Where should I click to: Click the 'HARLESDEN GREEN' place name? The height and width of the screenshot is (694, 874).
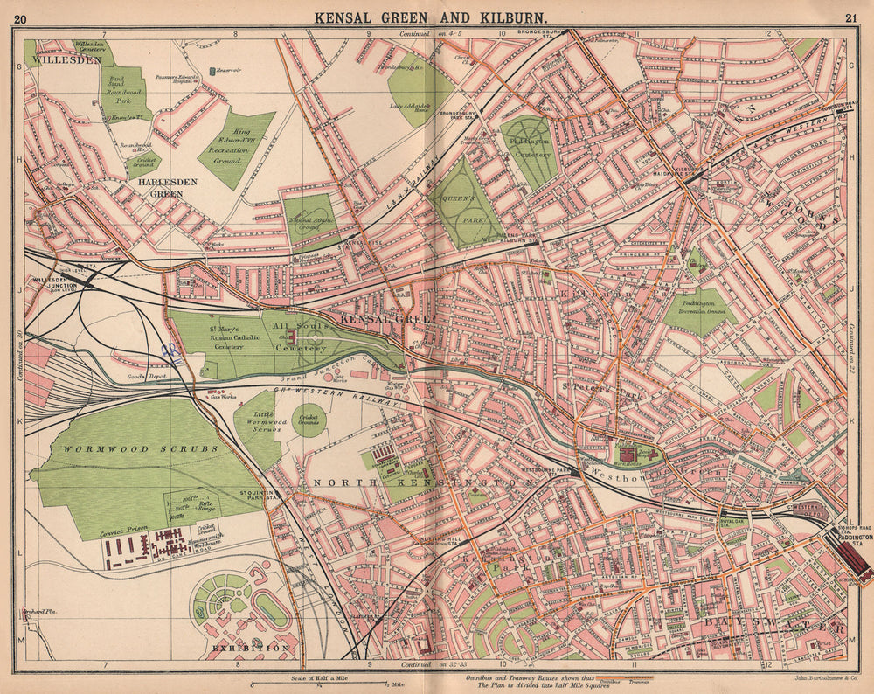point(168,188)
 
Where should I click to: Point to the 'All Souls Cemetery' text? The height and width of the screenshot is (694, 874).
point(302,336)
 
